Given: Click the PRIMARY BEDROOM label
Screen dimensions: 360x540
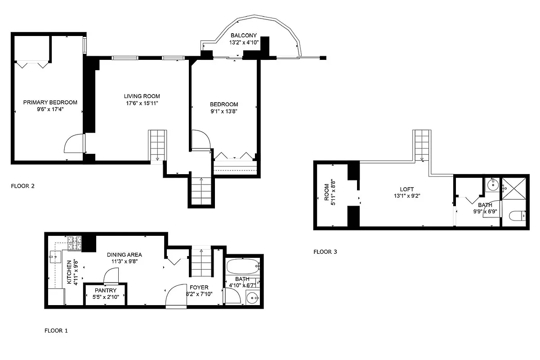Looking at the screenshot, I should point(50,102).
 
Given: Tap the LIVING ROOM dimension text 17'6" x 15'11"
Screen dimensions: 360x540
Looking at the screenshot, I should point(142,103).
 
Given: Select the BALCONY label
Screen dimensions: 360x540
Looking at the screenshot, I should point(243,36).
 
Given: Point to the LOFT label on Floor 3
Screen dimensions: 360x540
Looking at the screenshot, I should point(407,189).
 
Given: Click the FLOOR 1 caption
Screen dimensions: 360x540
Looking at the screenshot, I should point(56,331).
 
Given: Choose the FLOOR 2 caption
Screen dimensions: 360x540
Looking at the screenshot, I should point(22,185).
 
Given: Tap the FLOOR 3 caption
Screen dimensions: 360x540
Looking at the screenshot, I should point(325,252).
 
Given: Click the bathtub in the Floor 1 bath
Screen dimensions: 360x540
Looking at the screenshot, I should point(243,267).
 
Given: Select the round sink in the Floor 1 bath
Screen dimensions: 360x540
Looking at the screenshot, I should point(253,297).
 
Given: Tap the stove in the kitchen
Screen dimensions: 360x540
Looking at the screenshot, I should point(75,243).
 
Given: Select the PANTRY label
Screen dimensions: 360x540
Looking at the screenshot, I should point(106,291).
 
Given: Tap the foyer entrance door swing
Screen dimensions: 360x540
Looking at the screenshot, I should point(176,296).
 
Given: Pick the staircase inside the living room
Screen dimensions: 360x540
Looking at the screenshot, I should point(157,145).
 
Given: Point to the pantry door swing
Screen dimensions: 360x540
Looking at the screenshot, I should point(111,275).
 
